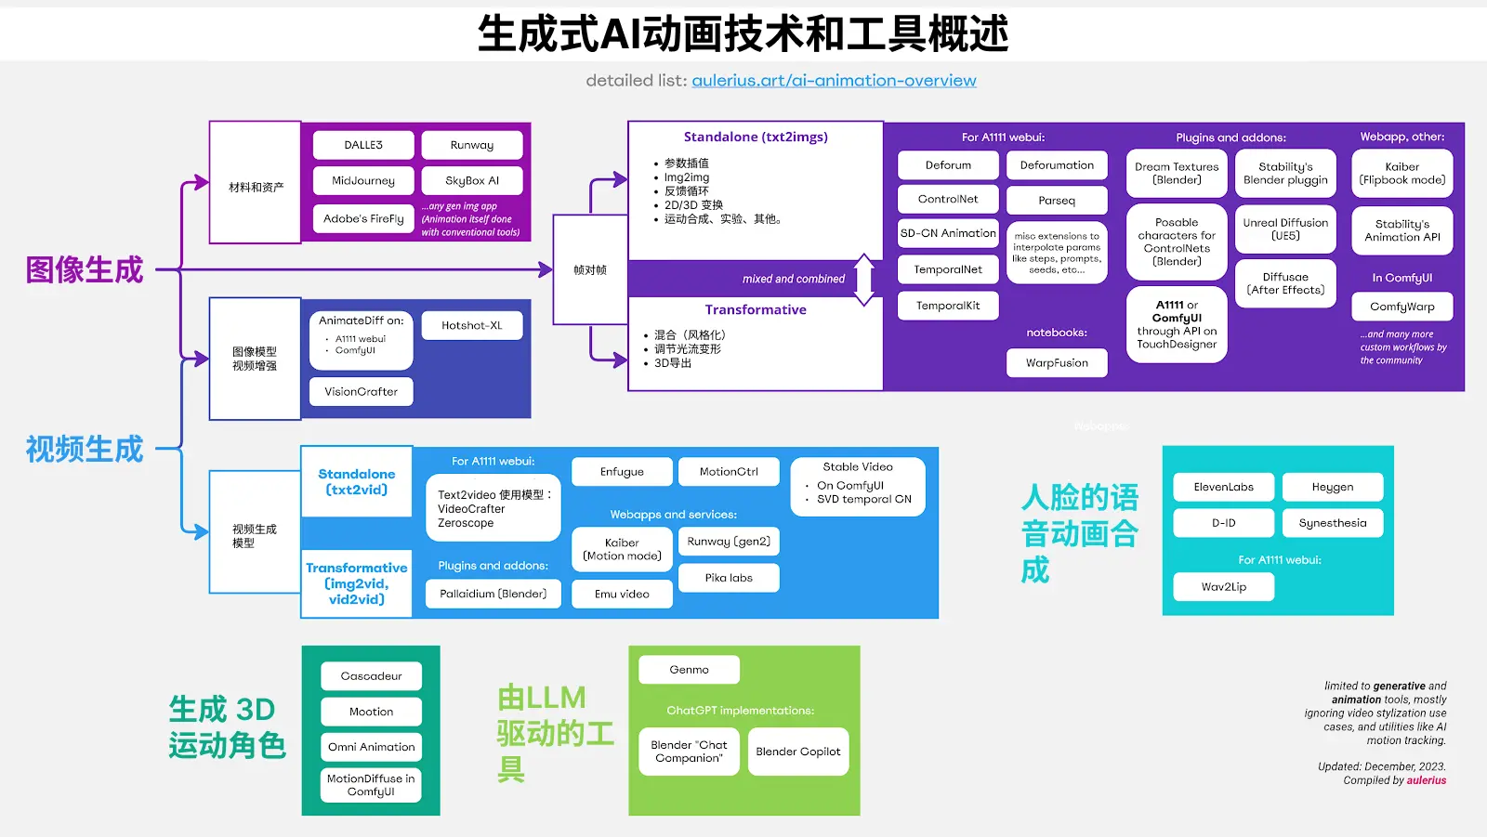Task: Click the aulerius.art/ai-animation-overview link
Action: [834, 81]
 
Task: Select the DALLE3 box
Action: [363, 145]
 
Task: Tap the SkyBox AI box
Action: [472, 180]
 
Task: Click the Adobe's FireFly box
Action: [363, 218]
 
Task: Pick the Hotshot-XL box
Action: [471, 325]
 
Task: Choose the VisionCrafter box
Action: [361, 391]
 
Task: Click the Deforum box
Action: [948, 164]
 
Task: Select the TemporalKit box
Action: [948, 305]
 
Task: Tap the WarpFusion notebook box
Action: [1057, 362]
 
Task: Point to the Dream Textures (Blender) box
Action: [1177, 174]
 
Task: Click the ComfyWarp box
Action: [1401, 307]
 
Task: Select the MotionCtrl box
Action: [729, 471]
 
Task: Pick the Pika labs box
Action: [729, 577]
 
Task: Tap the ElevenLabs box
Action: [1223, 487]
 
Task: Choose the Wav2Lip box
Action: [1223, 586]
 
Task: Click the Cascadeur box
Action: [371, 675]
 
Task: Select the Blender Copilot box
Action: [797, 752]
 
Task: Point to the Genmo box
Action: [689, 669]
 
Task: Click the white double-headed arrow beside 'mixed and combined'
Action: [864, 280]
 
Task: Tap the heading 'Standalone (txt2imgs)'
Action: [756, 137]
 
